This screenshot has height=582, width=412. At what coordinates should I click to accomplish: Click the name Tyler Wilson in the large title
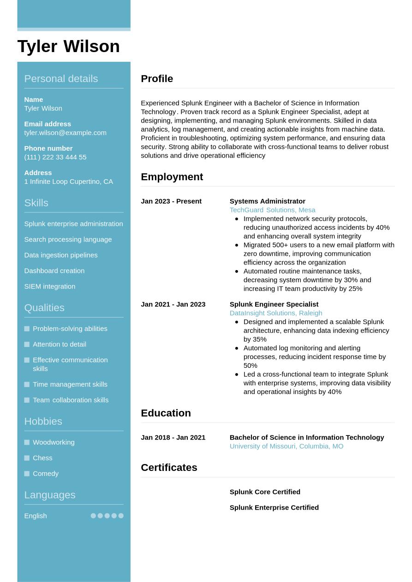(x=68, y=47)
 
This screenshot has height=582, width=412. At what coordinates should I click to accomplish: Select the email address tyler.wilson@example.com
(x=65, y=133)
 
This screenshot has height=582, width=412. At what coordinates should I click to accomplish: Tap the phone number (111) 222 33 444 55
(x=55, y=157)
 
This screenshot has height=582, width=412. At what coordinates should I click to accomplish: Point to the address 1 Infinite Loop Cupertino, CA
(x=68, y=182)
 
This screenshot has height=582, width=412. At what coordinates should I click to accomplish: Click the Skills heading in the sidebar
(x=36, y=203)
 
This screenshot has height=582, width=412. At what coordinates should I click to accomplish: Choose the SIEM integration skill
(x=49, y=287)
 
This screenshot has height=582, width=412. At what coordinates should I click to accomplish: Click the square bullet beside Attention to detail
(x=27, y=345)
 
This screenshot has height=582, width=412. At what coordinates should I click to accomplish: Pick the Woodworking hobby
(x=54, y=442)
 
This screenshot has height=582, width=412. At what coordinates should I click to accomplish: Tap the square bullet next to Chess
(x=27, y=458)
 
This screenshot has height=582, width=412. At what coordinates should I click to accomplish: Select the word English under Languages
(x=36, y=516)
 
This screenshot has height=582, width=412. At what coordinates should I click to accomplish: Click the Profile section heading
(x=157, y=79)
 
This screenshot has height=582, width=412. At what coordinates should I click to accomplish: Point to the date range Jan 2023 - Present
(x=171, y=201)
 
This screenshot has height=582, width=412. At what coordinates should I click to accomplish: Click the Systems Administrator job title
(x=267, y=201)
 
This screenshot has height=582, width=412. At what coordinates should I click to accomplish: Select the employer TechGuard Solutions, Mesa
(x=272, y=210)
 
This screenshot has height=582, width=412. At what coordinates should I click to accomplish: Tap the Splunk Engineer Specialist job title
(x=274, y=305)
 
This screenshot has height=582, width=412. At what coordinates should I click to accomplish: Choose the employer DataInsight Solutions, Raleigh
(x=276, y=313)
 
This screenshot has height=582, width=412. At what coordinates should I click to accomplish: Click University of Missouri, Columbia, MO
(x=286, y=447)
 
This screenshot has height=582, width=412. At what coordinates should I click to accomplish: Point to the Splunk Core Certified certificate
(x=265, y=492)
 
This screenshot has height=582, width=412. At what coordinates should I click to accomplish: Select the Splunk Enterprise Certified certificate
(x=274, y=508)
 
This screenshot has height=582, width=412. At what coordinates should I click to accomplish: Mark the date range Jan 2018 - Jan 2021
(x=173, y=438)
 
